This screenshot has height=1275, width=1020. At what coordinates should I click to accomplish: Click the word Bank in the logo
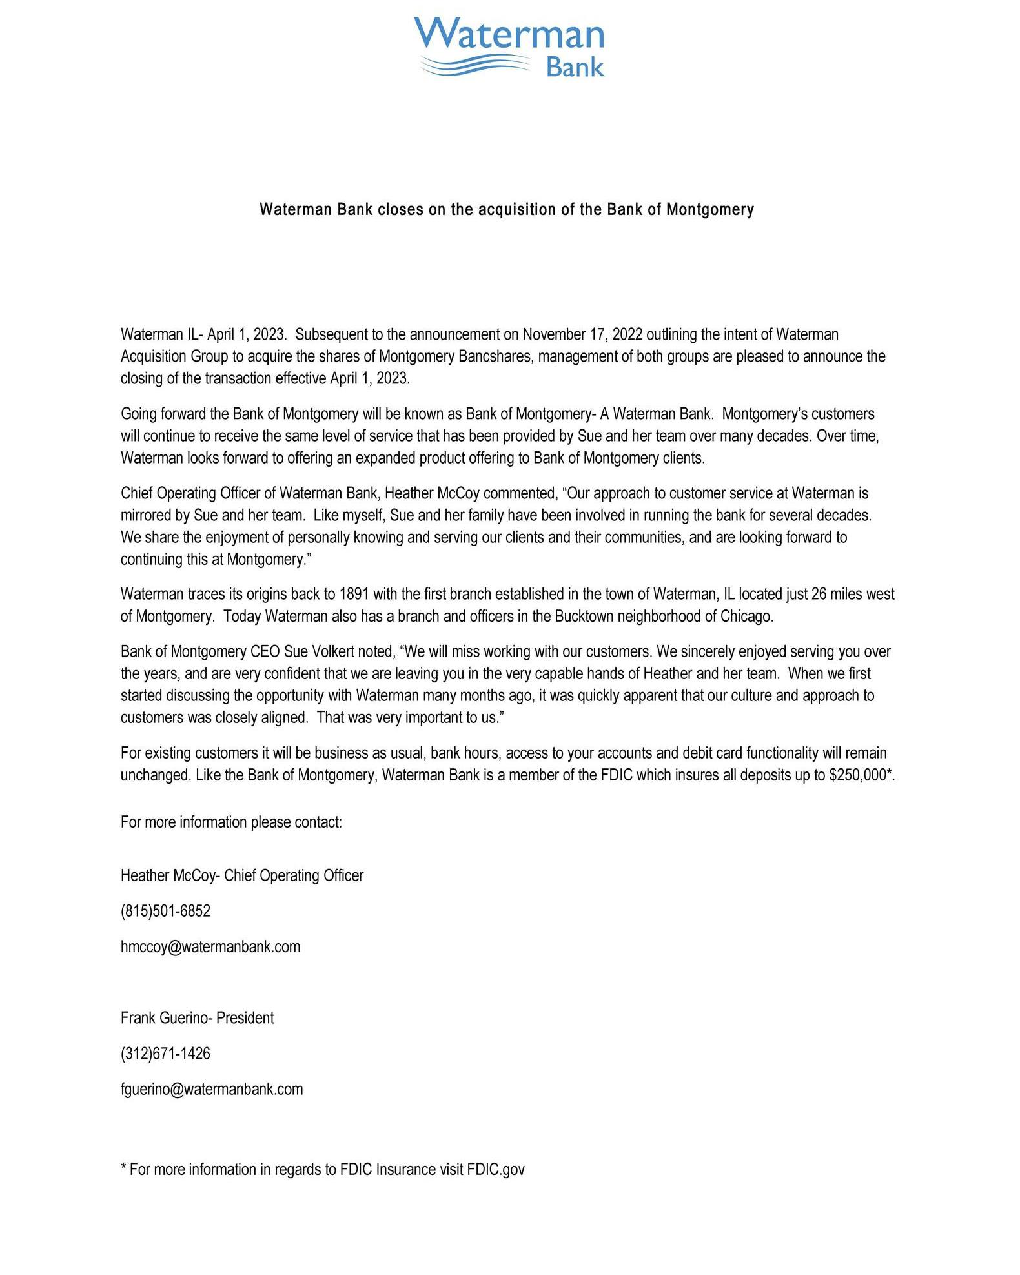(575, 67)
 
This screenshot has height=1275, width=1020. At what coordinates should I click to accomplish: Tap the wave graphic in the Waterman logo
(474, 65)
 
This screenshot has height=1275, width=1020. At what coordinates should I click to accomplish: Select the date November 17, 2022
(582, 334)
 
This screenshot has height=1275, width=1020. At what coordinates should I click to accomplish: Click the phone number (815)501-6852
(165, 911)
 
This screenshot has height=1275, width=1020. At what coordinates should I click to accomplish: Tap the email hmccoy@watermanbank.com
(210, 946)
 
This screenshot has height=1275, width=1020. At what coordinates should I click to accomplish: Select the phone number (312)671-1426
(165, 1054)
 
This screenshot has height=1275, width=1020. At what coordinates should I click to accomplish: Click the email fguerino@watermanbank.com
(212, 1089)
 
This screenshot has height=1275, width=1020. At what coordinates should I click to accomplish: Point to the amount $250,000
(857, 775)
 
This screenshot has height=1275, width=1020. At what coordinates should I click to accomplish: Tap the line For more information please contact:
(231, 822)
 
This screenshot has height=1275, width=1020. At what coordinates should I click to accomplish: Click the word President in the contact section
(245, 1018)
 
